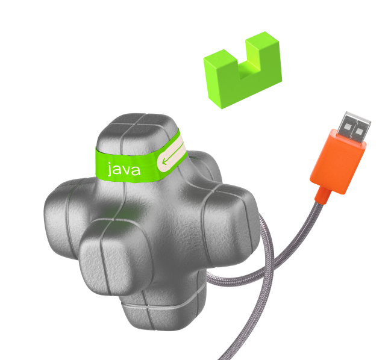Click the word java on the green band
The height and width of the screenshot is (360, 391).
(124, 169)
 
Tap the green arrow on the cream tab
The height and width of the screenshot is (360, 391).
(173, 154)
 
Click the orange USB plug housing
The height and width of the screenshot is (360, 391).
(338, 161)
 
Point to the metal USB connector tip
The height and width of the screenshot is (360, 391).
(355, 128)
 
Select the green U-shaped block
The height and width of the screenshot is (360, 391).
(242, 70)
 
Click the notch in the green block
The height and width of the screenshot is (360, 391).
(249, 67)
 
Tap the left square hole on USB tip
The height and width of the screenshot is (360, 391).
(346, 129)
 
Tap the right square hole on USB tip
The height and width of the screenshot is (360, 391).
(359, 132)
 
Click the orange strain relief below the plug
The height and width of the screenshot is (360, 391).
(322, 195)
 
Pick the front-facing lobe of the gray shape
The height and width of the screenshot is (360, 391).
(114, 256)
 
